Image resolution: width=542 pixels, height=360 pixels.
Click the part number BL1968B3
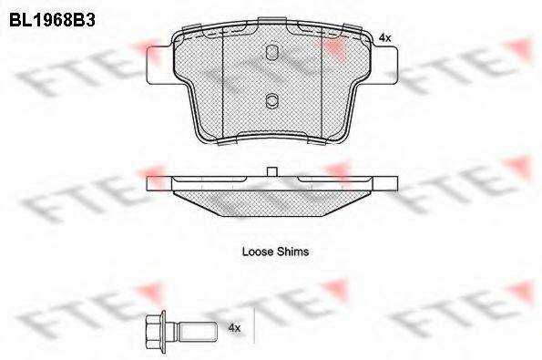[x=52, y=20]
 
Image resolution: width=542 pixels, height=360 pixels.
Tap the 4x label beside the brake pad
[x=384, y=37]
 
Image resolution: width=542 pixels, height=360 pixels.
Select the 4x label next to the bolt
[x=234, y=327]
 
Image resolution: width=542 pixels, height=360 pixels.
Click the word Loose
[x=258, y=252]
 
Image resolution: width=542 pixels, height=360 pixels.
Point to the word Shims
[x=292, y=252]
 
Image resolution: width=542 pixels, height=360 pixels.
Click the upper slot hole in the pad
[x=272, y=53]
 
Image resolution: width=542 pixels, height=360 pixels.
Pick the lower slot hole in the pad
[x=272, y=101]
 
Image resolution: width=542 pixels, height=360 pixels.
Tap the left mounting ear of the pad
[x=159, y=65]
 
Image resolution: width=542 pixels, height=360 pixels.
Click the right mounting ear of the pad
[x=385, y=65]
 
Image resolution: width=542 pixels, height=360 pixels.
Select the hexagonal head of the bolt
[x=153, y=332]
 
